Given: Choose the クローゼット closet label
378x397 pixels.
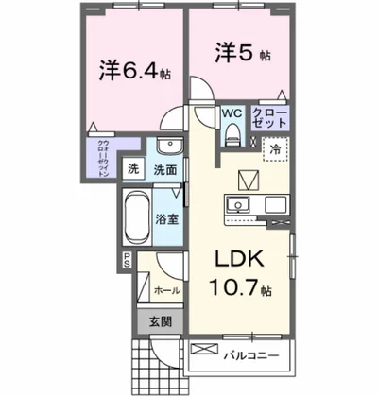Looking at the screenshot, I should [x=271, y=119].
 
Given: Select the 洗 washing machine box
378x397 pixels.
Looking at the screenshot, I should [x=134, y=171].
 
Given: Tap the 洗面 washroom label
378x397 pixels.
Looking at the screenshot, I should [x=164, y=171].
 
